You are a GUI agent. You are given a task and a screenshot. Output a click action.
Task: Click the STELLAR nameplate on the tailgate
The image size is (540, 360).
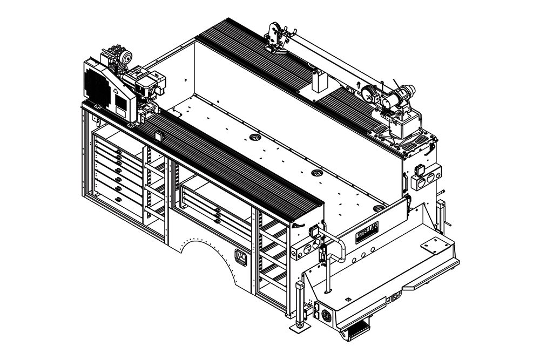(367, 232)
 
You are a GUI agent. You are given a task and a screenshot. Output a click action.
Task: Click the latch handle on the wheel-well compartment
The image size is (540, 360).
(240, 257)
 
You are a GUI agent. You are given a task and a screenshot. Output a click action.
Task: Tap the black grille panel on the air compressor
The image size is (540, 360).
(97, 88)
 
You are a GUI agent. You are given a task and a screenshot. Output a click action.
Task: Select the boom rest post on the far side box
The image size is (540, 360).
(320, 81)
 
